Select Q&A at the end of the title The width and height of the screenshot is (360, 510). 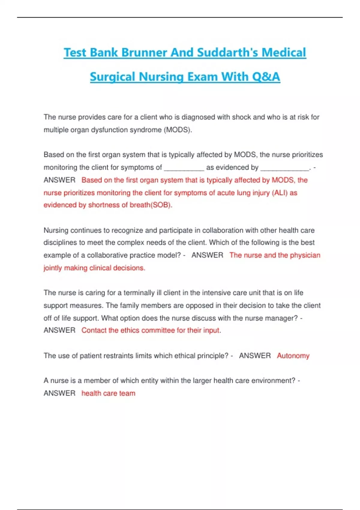266,77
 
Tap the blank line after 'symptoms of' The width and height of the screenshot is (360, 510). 184,168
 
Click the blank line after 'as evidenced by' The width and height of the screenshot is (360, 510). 285,168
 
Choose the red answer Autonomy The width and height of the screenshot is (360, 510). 293,356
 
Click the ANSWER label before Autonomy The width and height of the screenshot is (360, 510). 255,356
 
